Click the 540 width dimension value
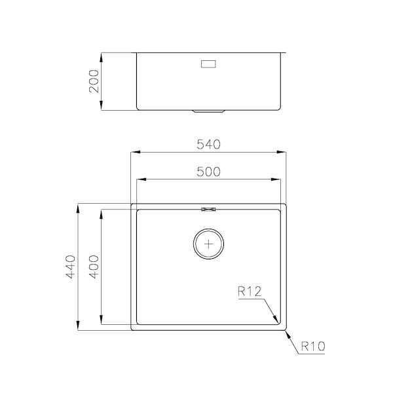point(209,143)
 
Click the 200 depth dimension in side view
point(94,81)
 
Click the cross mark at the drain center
point(209,244)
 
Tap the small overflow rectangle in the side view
point(209,64)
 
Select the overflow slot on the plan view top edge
point(209,210)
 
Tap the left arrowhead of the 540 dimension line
point(134,153)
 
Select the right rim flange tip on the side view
point(286,52)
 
